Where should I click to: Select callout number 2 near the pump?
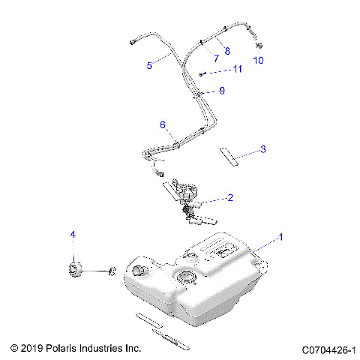229,198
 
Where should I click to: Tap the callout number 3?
262,150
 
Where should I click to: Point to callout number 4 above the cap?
73,235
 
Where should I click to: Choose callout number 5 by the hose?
149,65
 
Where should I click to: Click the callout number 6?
162,124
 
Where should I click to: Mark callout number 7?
215,58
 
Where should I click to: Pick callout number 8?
227,50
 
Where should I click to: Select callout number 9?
221,91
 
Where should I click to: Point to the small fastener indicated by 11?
203,73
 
